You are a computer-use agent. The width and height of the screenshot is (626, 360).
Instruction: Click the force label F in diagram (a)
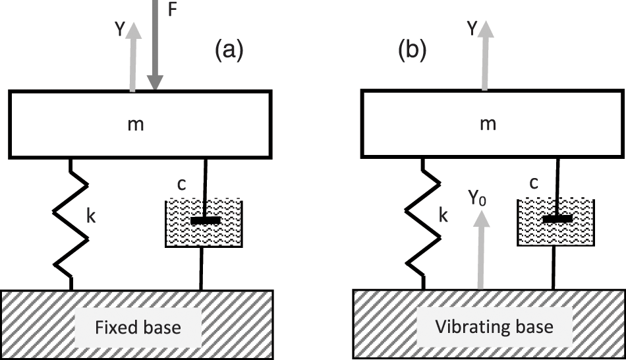pyautogui.click(x=173, y=11)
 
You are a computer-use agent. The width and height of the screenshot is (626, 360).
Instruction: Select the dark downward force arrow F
pyautogui.click(x=155, y=46)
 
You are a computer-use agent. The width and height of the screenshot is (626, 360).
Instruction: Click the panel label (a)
pyautogui.click(x=229, y=50)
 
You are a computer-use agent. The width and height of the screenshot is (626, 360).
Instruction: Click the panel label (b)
pyautogui.click(x=413, y=50)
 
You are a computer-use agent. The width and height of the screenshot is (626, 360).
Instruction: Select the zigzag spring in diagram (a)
pyautogui.click(x=70, y=224)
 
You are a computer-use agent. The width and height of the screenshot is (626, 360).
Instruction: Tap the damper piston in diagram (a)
pyautogui.click(x=206, y=220)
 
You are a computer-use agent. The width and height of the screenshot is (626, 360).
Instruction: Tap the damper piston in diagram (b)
pyautogui.click(x=557, y=219)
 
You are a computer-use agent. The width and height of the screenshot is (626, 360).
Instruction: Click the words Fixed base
pyautogui.click(x=138, y=327)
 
